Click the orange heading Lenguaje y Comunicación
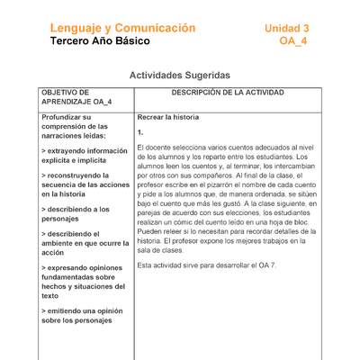click(122, 28)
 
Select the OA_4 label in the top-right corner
click(293, 41)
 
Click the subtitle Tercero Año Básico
click(101, 41)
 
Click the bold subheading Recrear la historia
click(168, 117)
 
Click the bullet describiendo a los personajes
click(76, 213)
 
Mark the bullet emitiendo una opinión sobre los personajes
click(80, 315)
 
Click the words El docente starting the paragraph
click(151, 147)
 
